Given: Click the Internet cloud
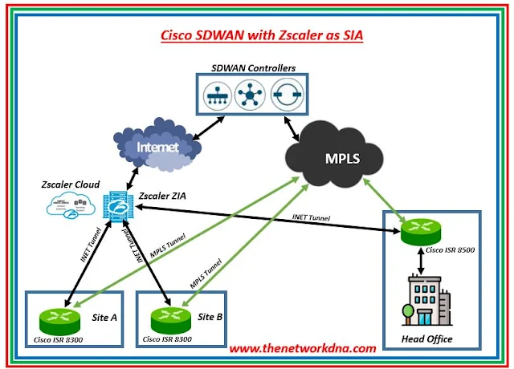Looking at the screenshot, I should coord(157,147).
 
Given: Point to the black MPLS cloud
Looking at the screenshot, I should coord(337,152).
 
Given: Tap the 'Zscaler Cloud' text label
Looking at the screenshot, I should coord(71,184).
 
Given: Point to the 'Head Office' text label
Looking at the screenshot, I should coord(427,339).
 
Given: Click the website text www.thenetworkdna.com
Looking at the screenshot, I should coord(302,349).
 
